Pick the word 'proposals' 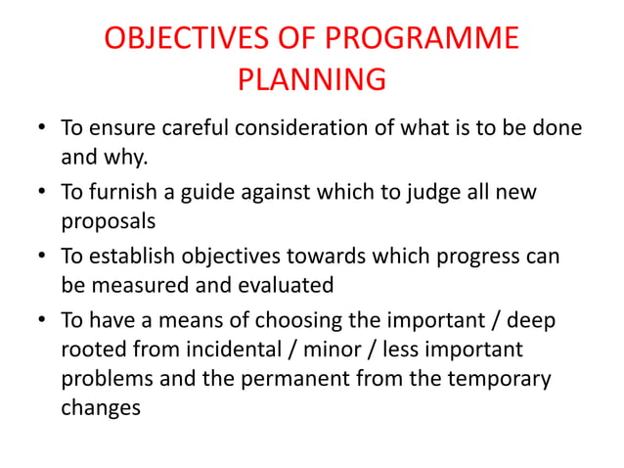pyautogui.click(x=109, y=220)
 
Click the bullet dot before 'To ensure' pyautogui.click(x=40, y=129)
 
